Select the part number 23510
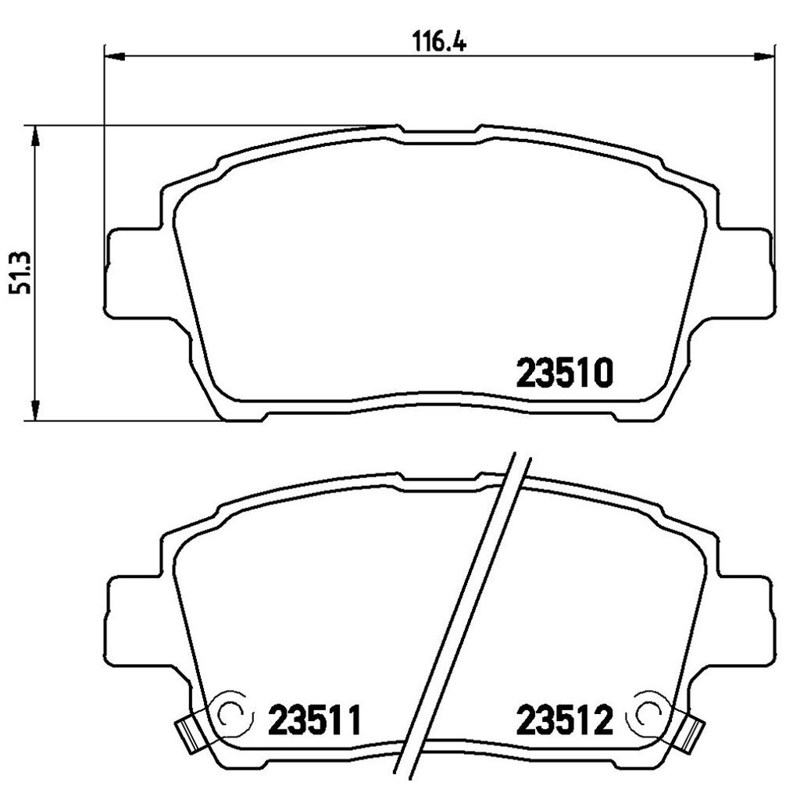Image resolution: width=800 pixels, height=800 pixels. pos(562,374)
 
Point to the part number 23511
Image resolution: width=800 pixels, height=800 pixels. pos(316,720)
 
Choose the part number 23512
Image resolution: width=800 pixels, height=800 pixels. pos(562,720)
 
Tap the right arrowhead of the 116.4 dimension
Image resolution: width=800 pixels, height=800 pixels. pos(764,55)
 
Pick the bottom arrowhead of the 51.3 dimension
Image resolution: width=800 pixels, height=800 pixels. pos(34,410)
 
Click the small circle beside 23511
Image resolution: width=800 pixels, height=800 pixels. pos(232,712)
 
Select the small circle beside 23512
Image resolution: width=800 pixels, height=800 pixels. pos(648,712)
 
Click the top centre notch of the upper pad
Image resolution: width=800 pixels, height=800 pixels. pos(440,134)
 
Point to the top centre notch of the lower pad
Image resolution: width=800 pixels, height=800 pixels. pos(440,483)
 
